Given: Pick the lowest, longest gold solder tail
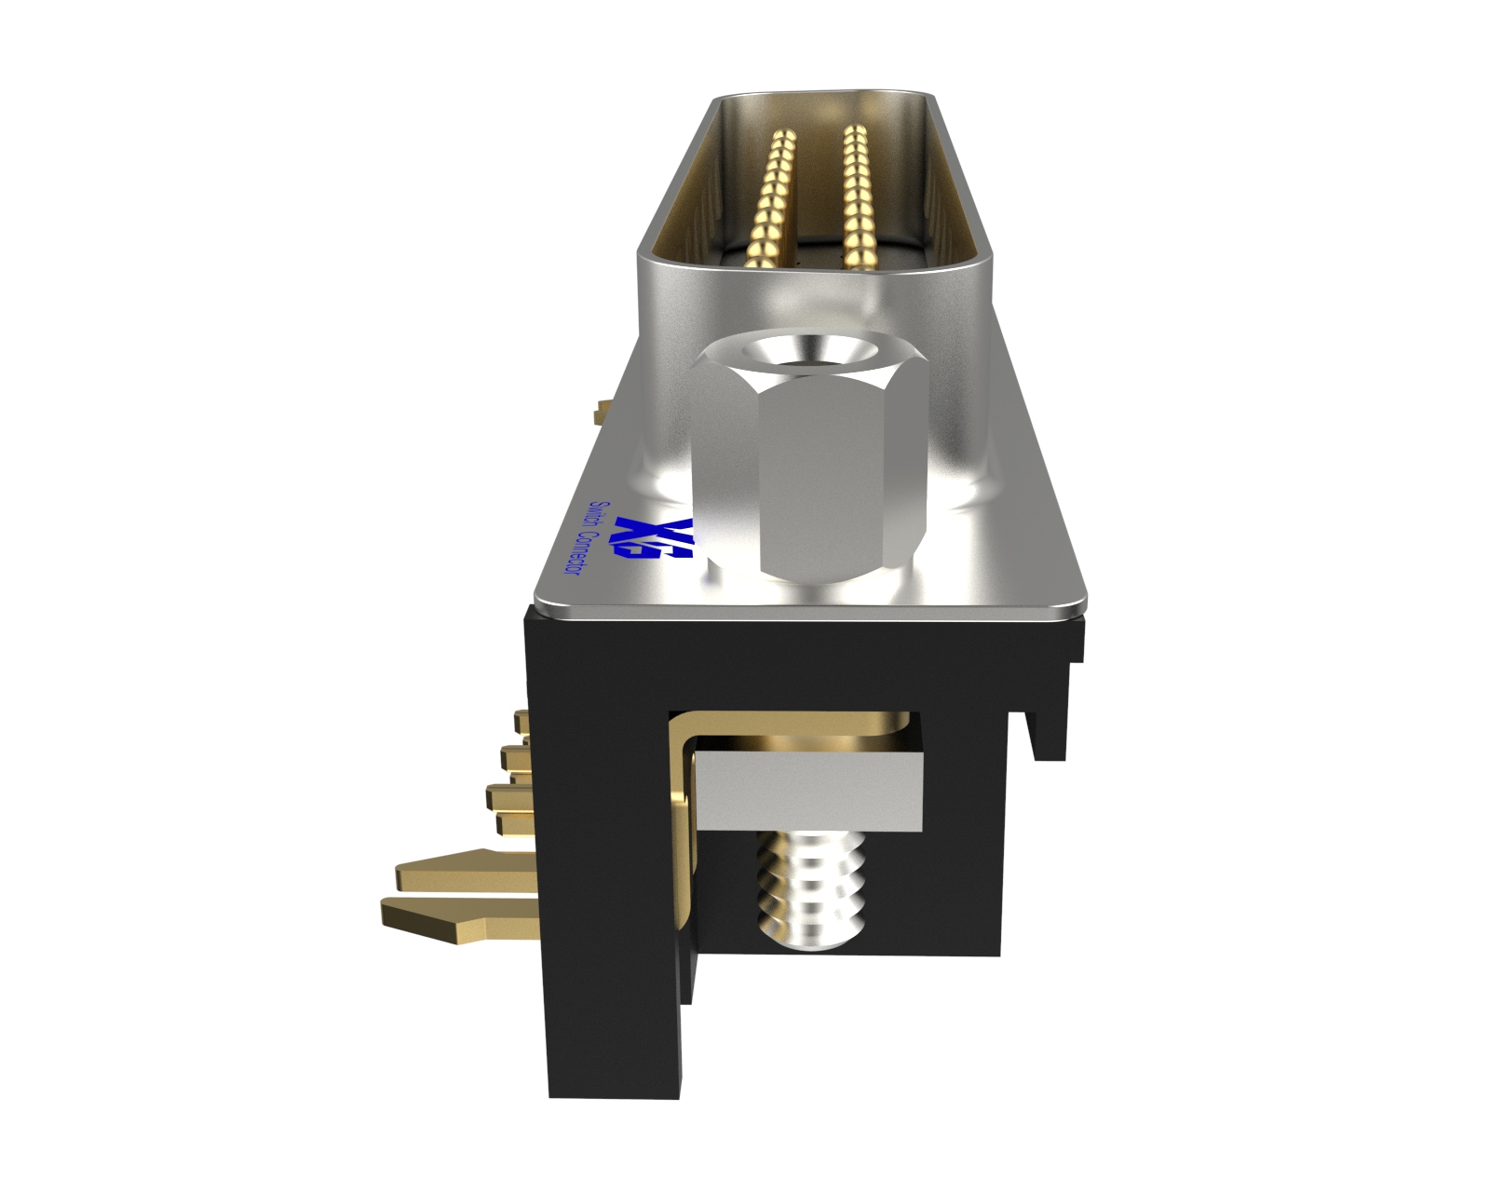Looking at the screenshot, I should (x=456, y=917).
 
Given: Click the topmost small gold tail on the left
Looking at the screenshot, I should (x=521, y=720).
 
